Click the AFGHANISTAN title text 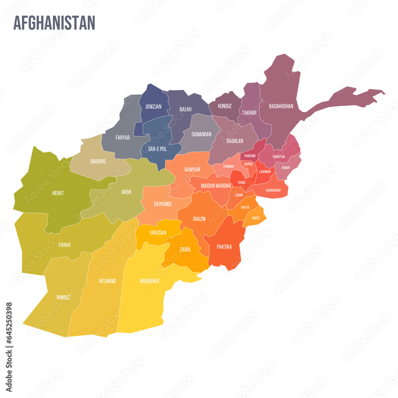(x=54, y=23)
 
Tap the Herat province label (x=58, y=193)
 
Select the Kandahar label (x=150, y=281)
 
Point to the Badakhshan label (x=281, y=106)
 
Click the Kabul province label (x=242, y=182)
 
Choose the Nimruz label (x=63, y=297)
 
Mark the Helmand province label (x=107, y=281)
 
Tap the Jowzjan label (x=153, y=107)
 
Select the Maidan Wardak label (x=216, y=185)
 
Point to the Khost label (x=256, y=218)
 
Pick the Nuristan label (x=279, y=156)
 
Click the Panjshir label (x=250, y=156)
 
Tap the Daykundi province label (x=162, y=204)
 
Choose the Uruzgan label (x=158, y=232)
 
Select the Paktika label (x=224, y=247)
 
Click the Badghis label (x=98, y=161)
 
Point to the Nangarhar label (x=273, y=190)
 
